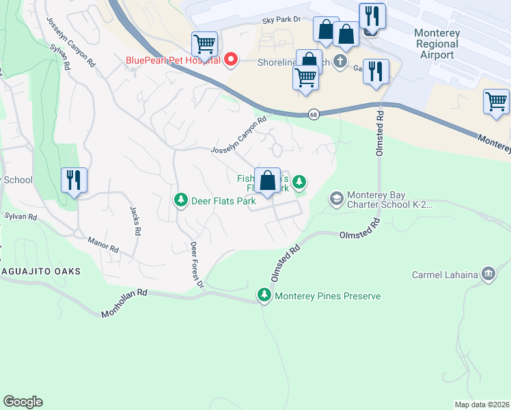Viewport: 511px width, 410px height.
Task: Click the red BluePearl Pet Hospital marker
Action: coord(231,59)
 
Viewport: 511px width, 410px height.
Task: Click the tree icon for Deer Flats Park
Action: coord(181,201)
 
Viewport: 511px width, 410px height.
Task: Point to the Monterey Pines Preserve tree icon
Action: coord(264,295)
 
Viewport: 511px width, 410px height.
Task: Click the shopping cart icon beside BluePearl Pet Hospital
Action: coord(204,44)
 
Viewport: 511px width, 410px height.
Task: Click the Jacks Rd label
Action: coord(135,219)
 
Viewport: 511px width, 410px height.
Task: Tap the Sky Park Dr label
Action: coord(281,21)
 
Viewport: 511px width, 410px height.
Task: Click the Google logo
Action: coord(23,402)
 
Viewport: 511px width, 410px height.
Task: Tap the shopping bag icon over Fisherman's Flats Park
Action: coord(268,181)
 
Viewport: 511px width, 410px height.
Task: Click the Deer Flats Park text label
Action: coord(223,201)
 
